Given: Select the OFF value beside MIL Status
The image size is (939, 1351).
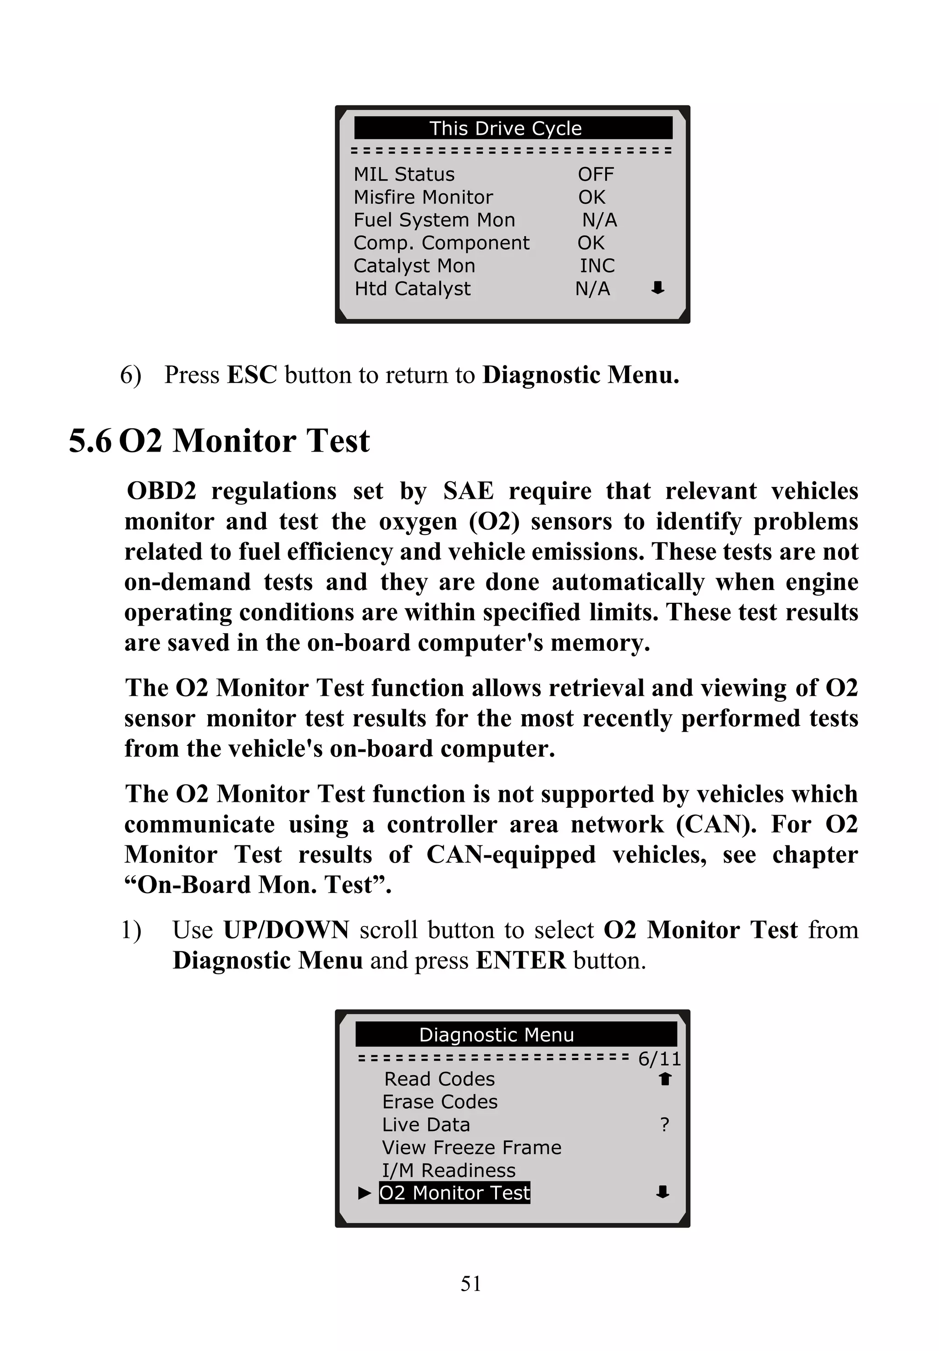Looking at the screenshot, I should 596,175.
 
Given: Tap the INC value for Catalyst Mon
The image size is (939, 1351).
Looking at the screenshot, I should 597,266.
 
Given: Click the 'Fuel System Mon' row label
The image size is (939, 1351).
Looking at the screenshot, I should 434,220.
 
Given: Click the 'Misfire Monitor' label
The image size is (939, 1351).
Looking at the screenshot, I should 423,197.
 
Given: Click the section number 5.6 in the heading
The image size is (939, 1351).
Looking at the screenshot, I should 90,441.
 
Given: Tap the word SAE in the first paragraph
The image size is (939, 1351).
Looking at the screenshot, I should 468,491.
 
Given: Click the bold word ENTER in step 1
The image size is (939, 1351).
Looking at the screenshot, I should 521,961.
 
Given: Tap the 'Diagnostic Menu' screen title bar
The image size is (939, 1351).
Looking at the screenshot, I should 497,1035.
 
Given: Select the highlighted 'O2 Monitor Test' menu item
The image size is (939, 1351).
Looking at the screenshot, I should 454,1193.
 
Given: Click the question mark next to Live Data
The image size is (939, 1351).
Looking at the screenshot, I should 664,1125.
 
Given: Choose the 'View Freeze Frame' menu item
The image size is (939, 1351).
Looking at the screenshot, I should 471,1147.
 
